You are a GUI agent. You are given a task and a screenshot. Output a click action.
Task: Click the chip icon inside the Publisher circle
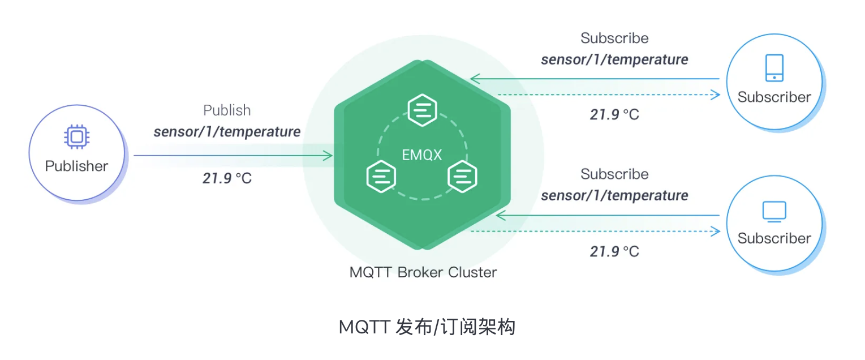(76, 136)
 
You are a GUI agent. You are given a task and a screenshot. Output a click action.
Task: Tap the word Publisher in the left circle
(76, 166)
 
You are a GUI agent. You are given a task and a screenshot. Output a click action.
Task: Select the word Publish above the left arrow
(227, 110)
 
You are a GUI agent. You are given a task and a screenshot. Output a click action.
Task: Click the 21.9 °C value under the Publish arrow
(227, 178)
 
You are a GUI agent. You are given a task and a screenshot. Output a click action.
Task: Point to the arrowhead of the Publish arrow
(328, 155)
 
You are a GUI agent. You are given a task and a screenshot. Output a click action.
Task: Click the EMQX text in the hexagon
(421, 155)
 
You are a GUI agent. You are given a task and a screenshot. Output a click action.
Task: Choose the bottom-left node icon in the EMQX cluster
(381, 177)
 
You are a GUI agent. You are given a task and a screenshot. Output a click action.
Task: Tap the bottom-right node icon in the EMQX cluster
(462, 177)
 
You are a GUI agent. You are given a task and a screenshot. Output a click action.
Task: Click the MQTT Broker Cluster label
(423, 272)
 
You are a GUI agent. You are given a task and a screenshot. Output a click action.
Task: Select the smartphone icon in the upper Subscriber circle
(774, 68)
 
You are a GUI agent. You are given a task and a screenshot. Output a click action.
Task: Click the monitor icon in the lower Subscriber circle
(774, 211)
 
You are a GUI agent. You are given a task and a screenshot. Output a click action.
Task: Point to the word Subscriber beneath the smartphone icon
(774, 97)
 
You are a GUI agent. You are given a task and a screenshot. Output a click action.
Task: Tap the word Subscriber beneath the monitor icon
(774, 238)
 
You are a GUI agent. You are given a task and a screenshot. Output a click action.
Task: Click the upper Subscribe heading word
(614, 38)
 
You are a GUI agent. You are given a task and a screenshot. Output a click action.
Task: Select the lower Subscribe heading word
(614, 174)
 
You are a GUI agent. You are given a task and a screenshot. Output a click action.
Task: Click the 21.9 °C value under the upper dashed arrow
(614, 114)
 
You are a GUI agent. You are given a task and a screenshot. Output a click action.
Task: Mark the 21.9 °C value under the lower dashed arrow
(614, 251)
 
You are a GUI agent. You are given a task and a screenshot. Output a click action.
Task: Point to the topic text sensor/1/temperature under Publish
(227, 132)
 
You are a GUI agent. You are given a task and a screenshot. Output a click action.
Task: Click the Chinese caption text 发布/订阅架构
(456, 327)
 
